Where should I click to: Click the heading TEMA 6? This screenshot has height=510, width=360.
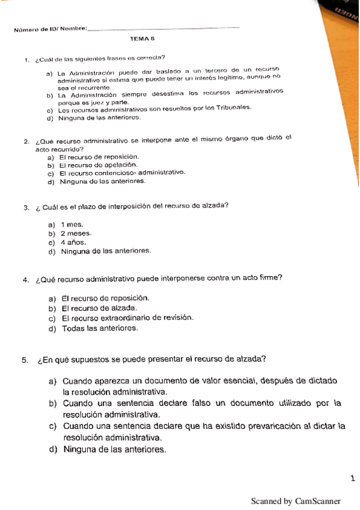pos(142,39)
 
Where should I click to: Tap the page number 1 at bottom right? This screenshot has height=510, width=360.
pos(352,478)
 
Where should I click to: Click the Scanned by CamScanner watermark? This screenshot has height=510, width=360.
pos(296,501)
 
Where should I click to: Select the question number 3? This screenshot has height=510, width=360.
pos(26,208)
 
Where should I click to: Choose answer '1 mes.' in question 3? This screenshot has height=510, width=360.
pos(72,224)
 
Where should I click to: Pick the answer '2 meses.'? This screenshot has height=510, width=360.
pos(76,233)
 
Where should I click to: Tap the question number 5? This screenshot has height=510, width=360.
pos(25,361)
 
